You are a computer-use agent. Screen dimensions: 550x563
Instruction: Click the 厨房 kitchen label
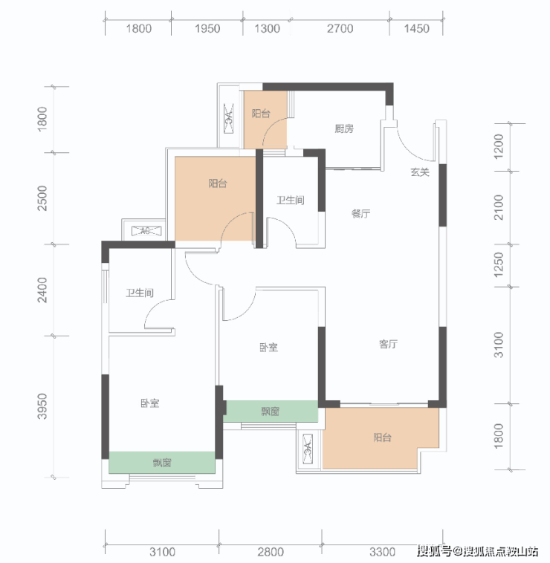click(344, 128)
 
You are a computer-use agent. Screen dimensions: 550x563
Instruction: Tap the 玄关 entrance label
click(420, 172)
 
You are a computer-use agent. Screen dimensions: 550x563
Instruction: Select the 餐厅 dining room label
click(360, 214)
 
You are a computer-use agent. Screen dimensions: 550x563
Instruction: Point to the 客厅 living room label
click(388, 344)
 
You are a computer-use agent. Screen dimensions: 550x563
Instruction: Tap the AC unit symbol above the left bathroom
click(146, 231)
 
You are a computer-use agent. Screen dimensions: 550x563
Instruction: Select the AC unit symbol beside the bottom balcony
click(308, 449)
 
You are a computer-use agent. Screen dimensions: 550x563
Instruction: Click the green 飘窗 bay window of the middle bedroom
click(271, 411)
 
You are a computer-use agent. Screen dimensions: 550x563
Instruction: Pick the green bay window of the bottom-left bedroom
click(162, 463)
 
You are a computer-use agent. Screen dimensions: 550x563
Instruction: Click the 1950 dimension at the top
click(207, 28)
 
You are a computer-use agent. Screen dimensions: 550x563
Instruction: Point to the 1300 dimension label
click(267, 28)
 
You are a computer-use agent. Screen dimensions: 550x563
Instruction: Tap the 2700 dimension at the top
click(340, 28)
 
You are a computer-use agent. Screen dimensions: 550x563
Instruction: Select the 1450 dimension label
click(416, 28)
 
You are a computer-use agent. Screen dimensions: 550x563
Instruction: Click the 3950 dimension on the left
click(42, 406)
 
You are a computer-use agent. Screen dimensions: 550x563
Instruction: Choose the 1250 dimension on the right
click(499, 264)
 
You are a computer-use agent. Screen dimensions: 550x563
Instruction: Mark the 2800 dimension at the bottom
click(270, 552)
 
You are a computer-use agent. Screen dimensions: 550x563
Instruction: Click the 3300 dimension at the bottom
click(382, 552)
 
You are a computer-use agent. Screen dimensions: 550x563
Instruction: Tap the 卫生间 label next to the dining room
click(291, 200)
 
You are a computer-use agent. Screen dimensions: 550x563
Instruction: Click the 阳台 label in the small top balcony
click(261, 114)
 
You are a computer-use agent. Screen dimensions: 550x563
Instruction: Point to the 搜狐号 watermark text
click(434, 550)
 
